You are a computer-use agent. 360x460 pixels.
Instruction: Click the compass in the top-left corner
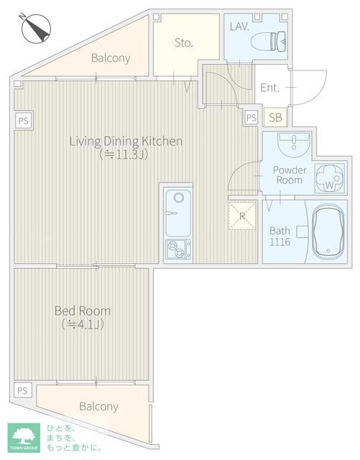[36, 28]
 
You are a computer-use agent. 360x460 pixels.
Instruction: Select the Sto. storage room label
[184, 43]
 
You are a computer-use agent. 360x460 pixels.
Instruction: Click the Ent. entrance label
[269, 88]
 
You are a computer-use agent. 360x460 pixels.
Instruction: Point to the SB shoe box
[275, 117]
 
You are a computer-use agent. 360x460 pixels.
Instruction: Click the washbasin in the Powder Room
[294, 144]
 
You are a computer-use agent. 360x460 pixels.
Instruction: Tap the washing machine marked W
[329, 178]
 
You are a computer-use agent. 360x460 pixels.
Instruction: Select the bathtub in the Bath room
[328, 231]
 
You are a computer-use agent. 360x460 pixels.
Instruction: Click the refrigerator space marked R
[242, 216]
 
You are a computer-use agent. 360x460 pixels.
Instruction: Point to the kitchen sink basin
[177, 213]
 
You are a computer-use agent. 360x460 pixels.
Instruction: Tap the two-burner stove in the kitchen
[177, 249]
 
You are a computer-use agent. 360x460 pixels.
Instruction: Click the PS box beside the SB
[251, 118]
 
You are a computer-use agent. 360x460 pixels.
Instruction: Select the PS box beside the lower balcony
[22, 390]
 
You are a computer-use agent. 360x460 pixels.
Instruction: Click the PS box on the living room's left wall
[24, 121]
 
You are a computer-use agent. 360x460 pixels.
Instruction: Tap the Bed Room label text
[83, 310]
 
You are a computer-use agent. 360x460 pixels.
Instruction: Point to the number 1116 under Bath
[280, 242]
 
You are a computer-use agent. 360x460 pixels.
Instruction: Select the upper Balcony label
[111, 57]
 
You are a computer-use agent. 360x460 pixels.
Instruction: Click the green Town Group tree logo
[24, 437]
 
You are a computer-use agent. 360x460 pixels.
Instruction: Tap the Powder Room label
[290, 175]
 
